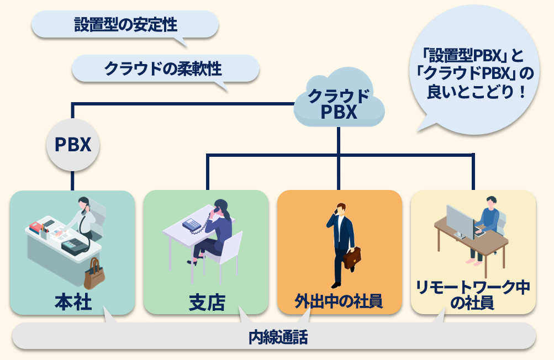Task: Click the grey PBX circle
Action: tap(73, 145)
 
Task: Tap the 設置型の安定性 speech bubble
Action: tap(125, 24)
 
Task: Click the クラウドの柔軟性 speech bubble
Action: tap(165, 68)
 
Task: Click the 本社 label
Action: tap(73, 302)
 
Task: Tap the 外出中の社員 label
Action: tap(339, 301)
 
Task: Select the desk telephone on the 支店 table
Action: tap(192, 224)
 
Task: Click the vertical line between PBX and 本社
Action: tap(73, 181)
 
